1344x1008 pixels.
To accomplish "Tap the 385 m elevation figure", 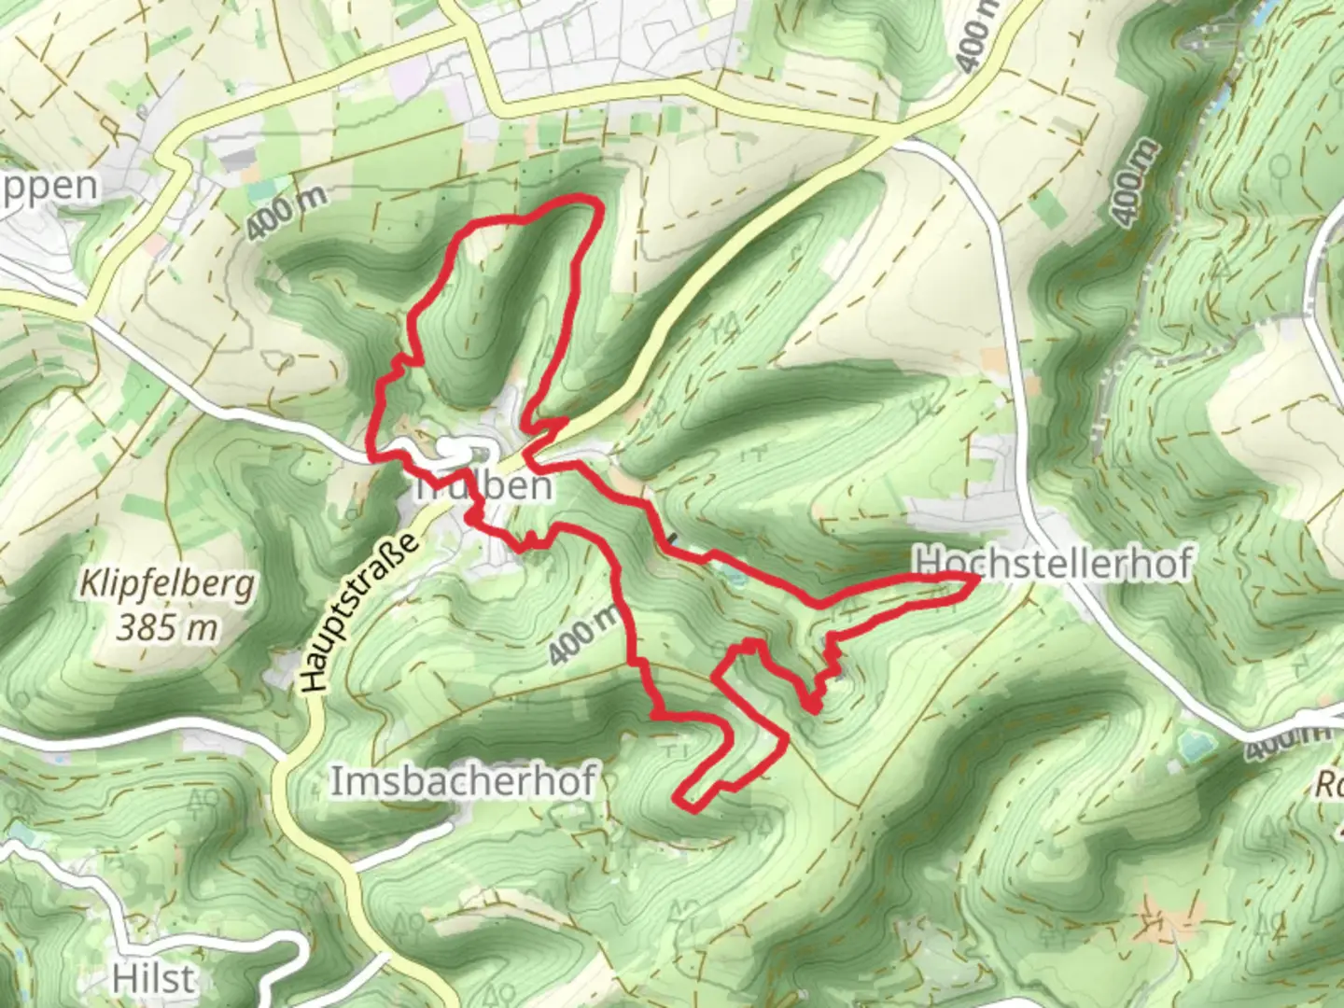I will point(167,628).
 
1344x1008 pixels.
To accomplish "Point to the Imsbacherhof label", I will point(463,782).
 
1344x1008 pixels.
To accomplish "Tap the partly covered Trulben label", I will point(483,486).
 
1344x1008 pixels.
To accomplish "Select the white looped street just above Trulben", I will point(455,449).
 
